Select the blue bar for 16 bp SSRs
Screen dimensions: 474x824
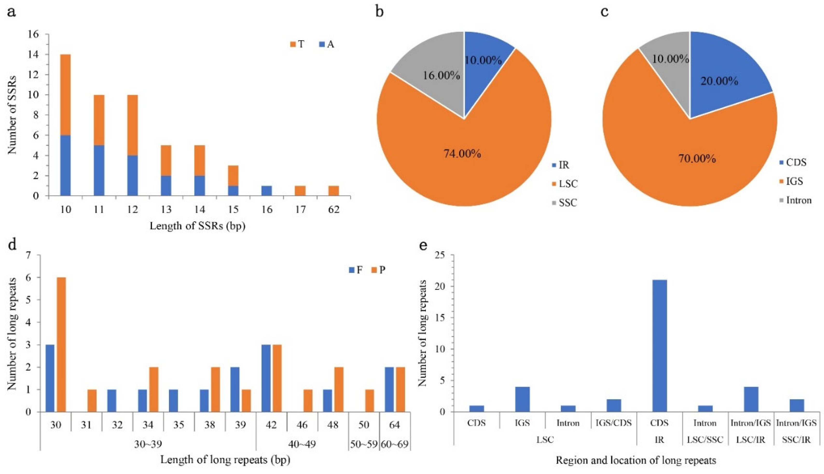point(267,191)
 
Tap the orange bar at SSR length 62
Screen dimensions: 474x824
point(333,191)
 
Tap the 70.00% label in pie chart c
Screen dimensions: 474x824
point(697,159)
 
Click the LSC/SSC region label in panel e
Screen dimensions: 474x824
point(705,439)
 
